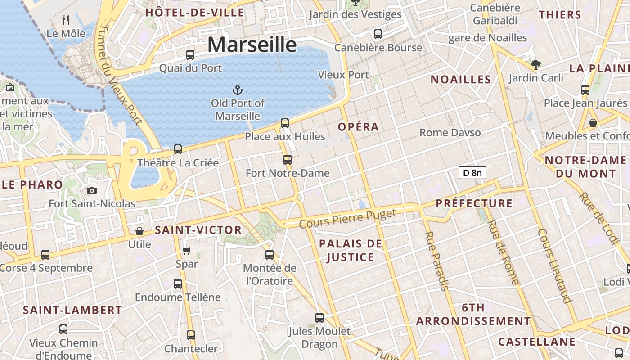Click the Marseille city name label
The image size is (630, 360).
[x=252, y=45]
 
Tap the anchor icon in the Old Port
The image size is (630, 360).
[x=237, y=90]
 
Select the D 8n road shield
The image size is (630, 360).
[x=472, y=173]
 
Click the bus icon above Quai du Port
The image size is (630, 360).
[x=190, y=55]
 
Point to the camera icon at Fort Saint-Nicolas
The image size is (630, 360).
[x=92, y=190]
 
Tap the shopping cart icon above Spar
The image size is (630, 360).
[x=187, y=250]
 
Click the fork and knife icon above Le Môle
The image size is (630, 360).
[x=66, y=20]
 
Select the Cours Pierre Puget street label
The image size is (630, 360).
[x=348, y=218]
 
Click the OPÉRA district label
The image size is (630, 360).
[x=358, y=127]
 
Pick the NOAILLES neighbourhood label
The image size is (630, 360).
[x=461, y=80]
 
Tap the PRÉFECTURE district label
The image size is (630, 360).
[x=474, y=203]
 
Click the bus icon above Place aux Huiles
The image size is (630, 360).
[x=284, y=123]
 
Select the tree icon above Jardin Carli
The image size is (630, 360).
[x=535, y=64]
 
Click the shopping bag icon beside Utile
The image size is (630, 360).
[x=139, y=231]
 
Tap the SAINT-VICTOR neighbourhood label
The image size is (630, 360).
[x=198, y=230]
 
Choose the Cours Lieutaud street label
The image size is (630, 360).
[x=555, y=265]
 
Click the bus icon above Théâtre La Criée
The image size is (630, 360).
[x=178, y=149]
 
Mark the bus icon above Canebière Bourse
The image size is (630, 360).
[x=378, y=34]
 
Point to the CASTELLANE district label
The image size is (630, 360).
[x=537, y=342]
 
